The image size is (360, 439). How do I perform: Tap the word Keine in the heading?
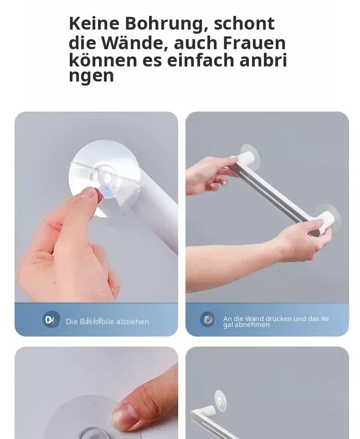point(94,23)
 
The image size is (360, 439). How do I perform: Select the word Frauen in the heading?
point(254,43)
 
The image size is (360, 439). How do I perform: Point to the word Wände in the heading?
point(135,43)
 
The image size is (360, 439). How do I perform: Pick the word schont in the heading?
point(244,24)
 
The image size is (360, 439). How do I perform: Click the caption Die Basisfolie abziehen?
point(107,322)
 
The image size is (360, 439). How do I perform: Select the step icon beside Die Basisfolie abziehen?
point(51,319)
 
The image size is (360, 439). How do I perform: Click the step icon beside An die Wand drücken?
point(208,319)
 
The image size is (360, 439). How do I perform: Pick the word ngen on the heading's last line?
point(91,76)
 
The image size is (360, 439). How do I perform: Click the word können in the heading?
point(103,60)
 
